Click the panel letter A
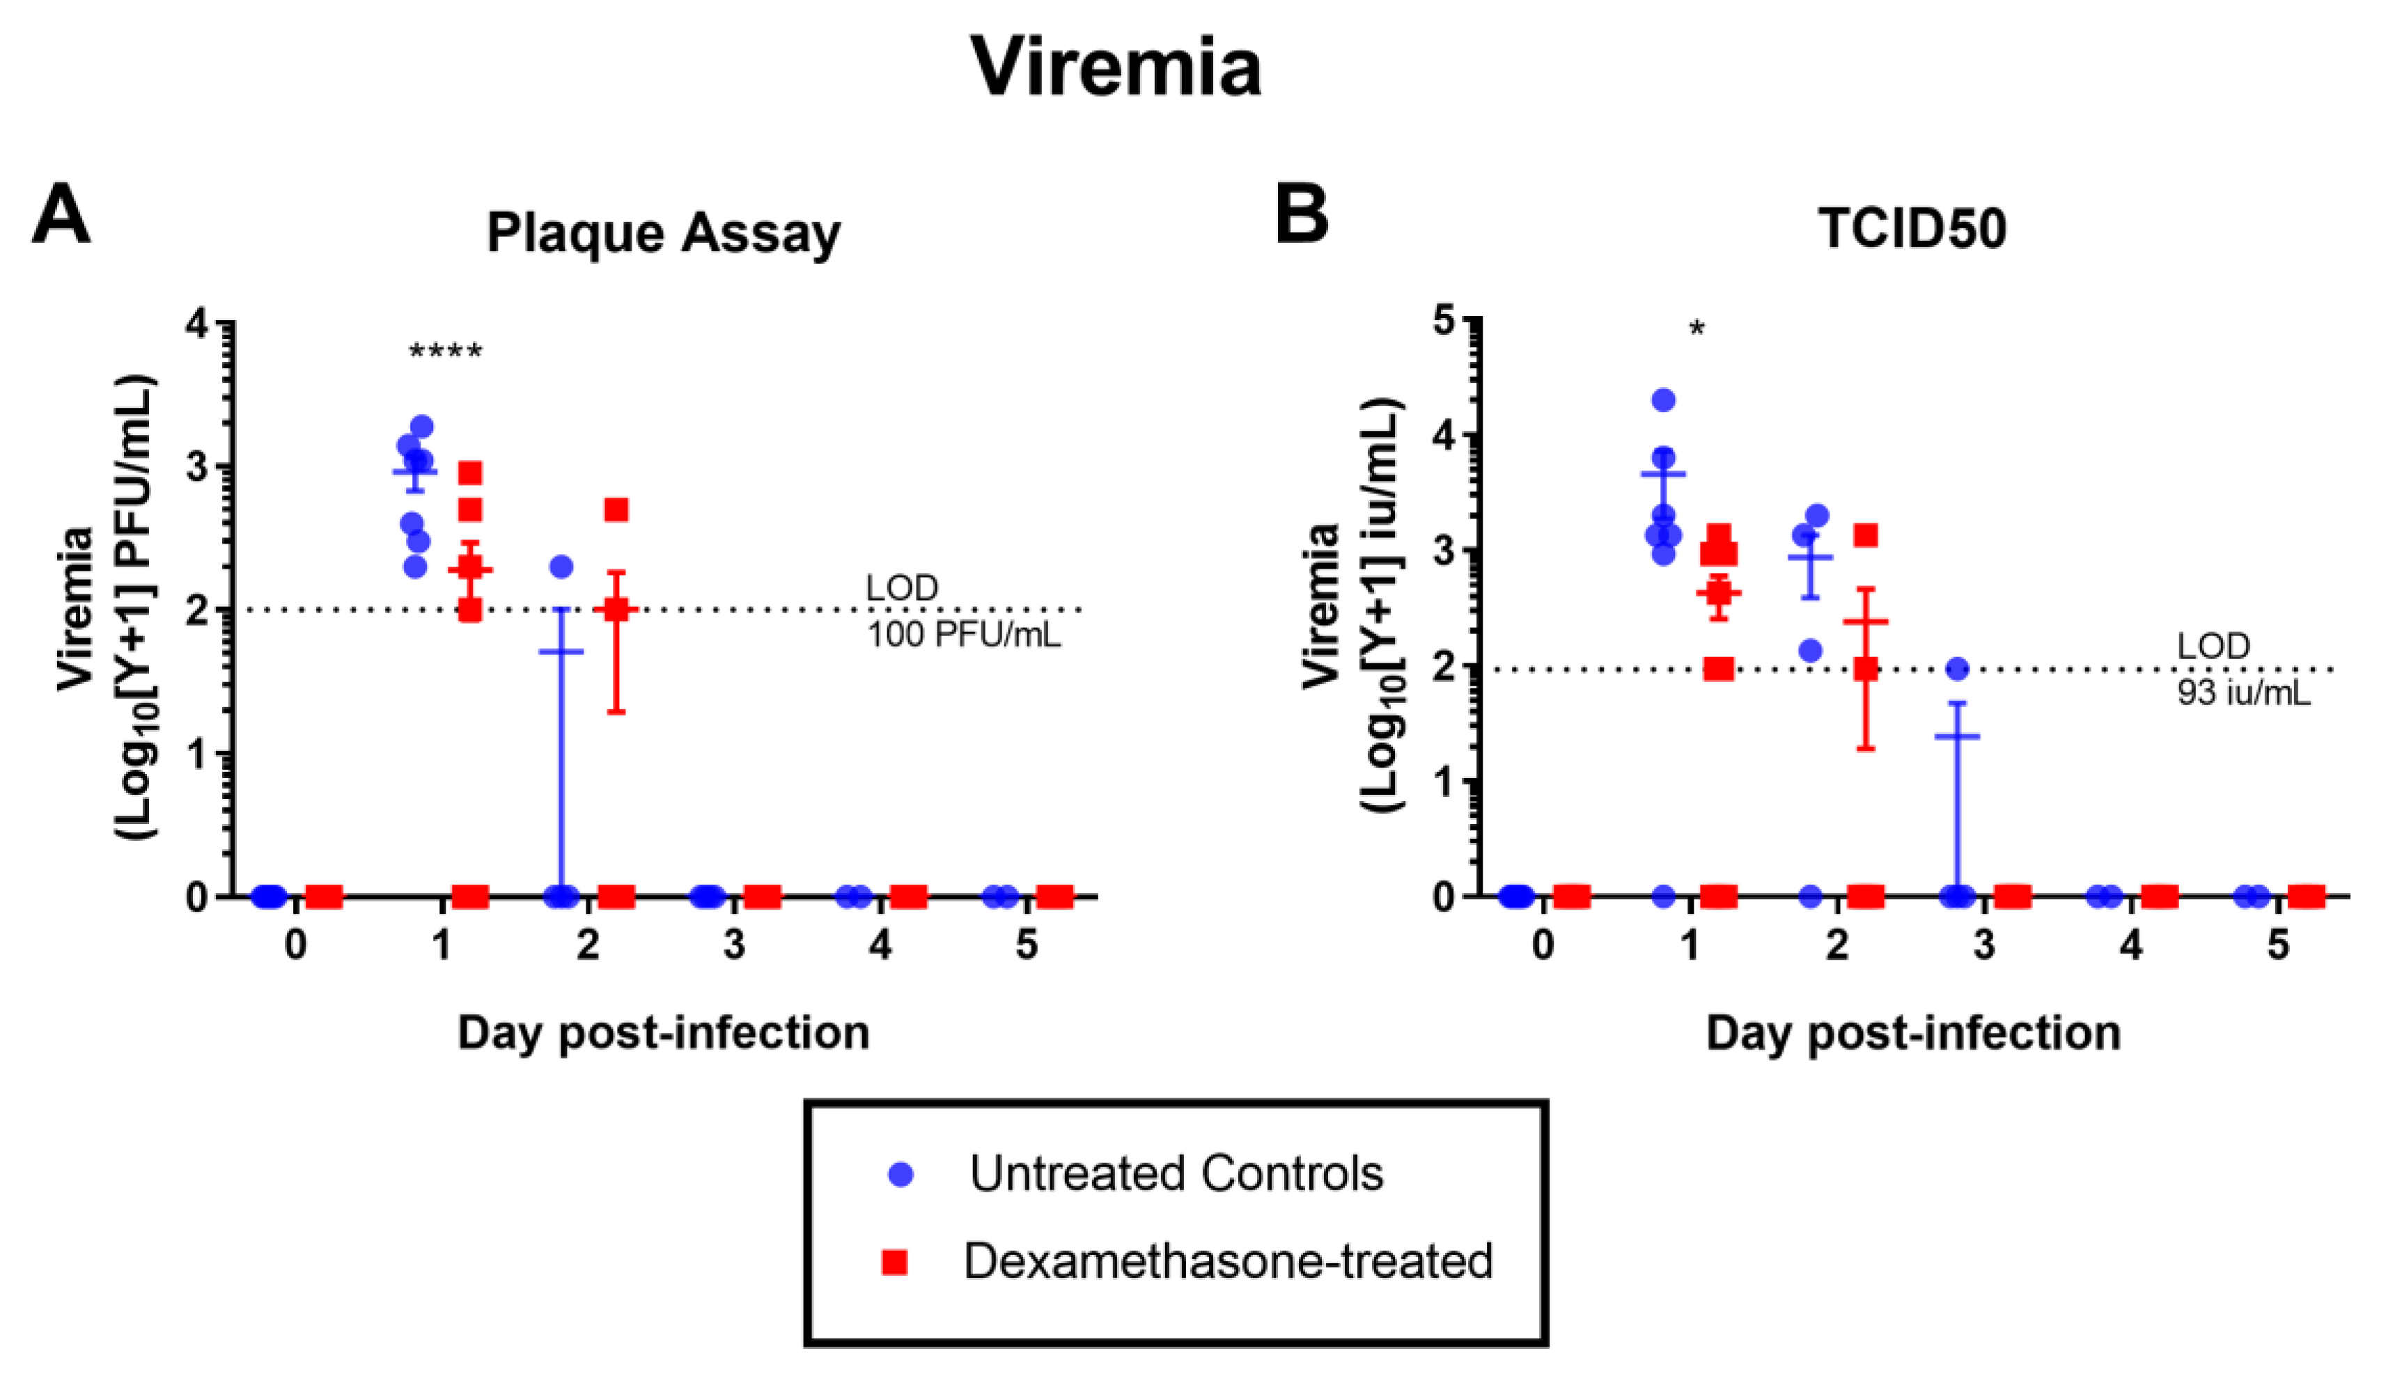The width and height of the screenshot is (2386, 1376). pos(61,216)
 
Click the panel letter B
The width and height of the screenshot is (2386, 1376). pos(1302,216)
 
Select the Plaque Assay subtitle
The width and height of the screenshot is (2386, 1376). pos(664,232)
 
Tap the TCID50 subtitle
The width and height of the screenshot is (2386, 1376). pos(1912,229)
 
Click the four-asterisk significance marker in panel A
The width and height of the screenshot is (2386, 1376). pos(445,352)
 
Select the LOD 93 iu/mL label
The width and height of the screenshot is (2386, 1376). pos(2243,670)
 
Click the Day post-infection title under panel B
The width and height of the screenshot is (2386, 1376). pos(1912,1033)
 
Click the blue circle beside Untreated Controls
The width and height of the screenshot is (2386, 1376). pos(901,1175)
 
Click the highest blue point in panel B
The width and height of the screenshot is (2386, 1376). pos(1664,400)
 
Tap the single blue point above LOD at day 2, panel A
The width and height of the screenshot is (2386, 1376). pos(561,567)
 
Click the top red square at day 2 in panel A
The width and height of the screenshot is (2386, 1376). pos(616,510)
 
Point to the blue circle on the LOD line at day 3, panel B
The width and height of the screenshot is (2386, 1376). pos(1958,669)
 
